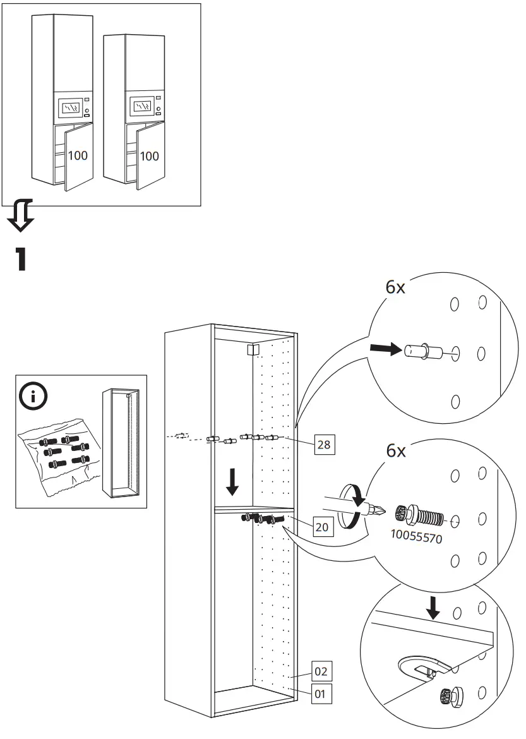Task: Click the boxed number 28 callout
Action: [324, 445]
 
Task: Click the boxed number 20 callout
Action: [322, 526]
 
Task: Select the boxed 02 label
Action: [321, 671]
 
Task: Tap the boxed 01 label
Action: [321, 694]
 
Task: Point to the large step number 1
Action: [21, 260]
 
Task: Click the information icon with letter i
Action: [32, 395]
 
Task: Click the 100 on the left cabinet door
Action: [78, 155]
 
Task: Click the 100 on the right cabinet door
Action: [149, 155]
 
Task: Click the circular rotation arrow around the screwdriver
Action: [349, 506]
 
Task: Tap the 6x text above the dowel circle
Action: [395, 287]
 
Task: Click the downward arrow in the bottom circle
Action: [433, 607]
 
